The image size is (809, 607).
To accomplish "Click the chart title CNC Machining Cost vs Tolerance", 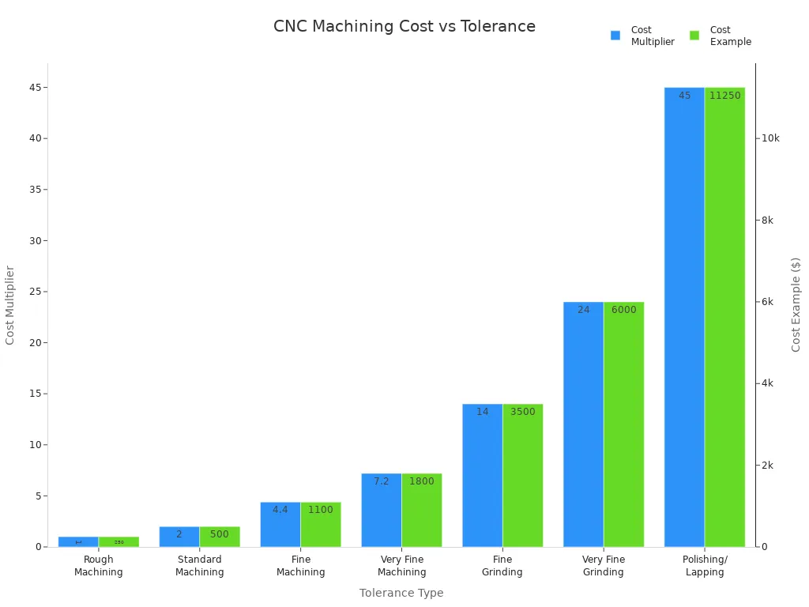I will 404,27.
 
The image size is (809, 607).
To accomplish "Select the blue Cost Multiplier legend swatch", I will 615,36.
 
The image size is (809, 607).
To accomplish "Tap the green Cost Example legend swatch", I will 694,36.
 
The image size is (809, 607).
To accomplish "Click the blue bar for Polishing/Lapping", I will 684,316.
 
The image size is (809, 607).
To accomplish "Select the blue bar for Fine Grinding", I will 482,475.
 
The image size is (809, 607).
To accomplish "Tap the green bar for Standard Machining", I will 220,537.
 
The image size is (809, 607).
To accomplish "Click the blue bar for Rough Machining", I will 78,542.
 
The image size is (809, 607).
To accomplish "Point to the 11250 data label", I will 724,96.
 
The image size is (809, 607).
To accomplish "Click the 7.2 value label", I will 381,481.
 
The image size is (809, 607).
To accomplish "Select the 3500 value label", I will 522,412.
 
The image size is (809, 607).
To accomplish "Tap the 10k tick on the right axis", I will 770,138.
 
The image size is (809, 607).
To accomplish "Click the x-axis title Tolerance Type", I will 401,593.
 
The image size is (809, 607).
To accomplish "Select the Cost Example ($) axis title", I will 796,304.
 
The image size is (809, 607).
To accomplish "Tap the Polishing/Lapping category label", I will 705,566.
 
